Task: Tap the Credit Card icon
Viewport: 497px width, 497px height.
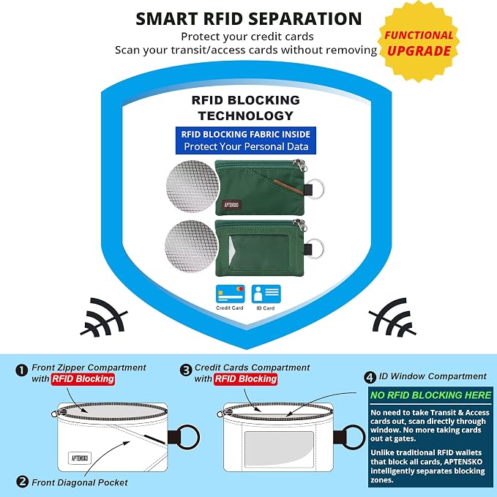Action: click(x=230, y=294)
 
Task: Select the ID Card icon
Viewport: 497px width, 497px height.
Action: click(x=266, y=294)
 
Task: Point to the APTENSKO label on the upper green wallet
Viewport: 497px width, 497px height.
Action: click(x=231, y=205)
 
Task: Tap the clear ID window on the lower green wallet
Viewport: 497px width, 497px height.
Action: click(x=258, y=253)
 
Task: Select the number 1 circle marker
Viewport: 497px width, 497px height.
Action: click(x=21, y=370)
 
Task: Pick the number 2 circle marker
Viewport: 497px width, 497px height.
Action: click(x=22, y=482)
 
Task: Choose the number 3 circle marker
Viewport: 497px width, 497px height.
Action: click(x=186, y=370)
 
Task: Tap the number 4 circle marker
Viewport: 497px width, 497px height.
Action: click(x=370, y=378)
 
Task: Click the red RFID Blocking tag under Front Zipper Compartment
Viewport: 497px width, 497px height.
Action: click(x=83, y=379)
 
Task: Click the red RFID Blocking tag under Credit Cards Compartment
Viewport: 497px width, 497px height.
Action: click(x=246, y=379)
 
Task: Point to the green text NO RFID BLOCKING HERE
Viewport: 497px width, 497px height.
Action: click(x=430, y=395)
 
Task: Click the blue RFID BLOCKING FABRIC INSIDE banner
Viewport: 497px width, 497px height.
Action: click(x=246, y=141)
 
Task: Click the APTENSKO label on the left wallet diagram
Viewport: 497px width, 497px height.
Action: click(x=80, y=458)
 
